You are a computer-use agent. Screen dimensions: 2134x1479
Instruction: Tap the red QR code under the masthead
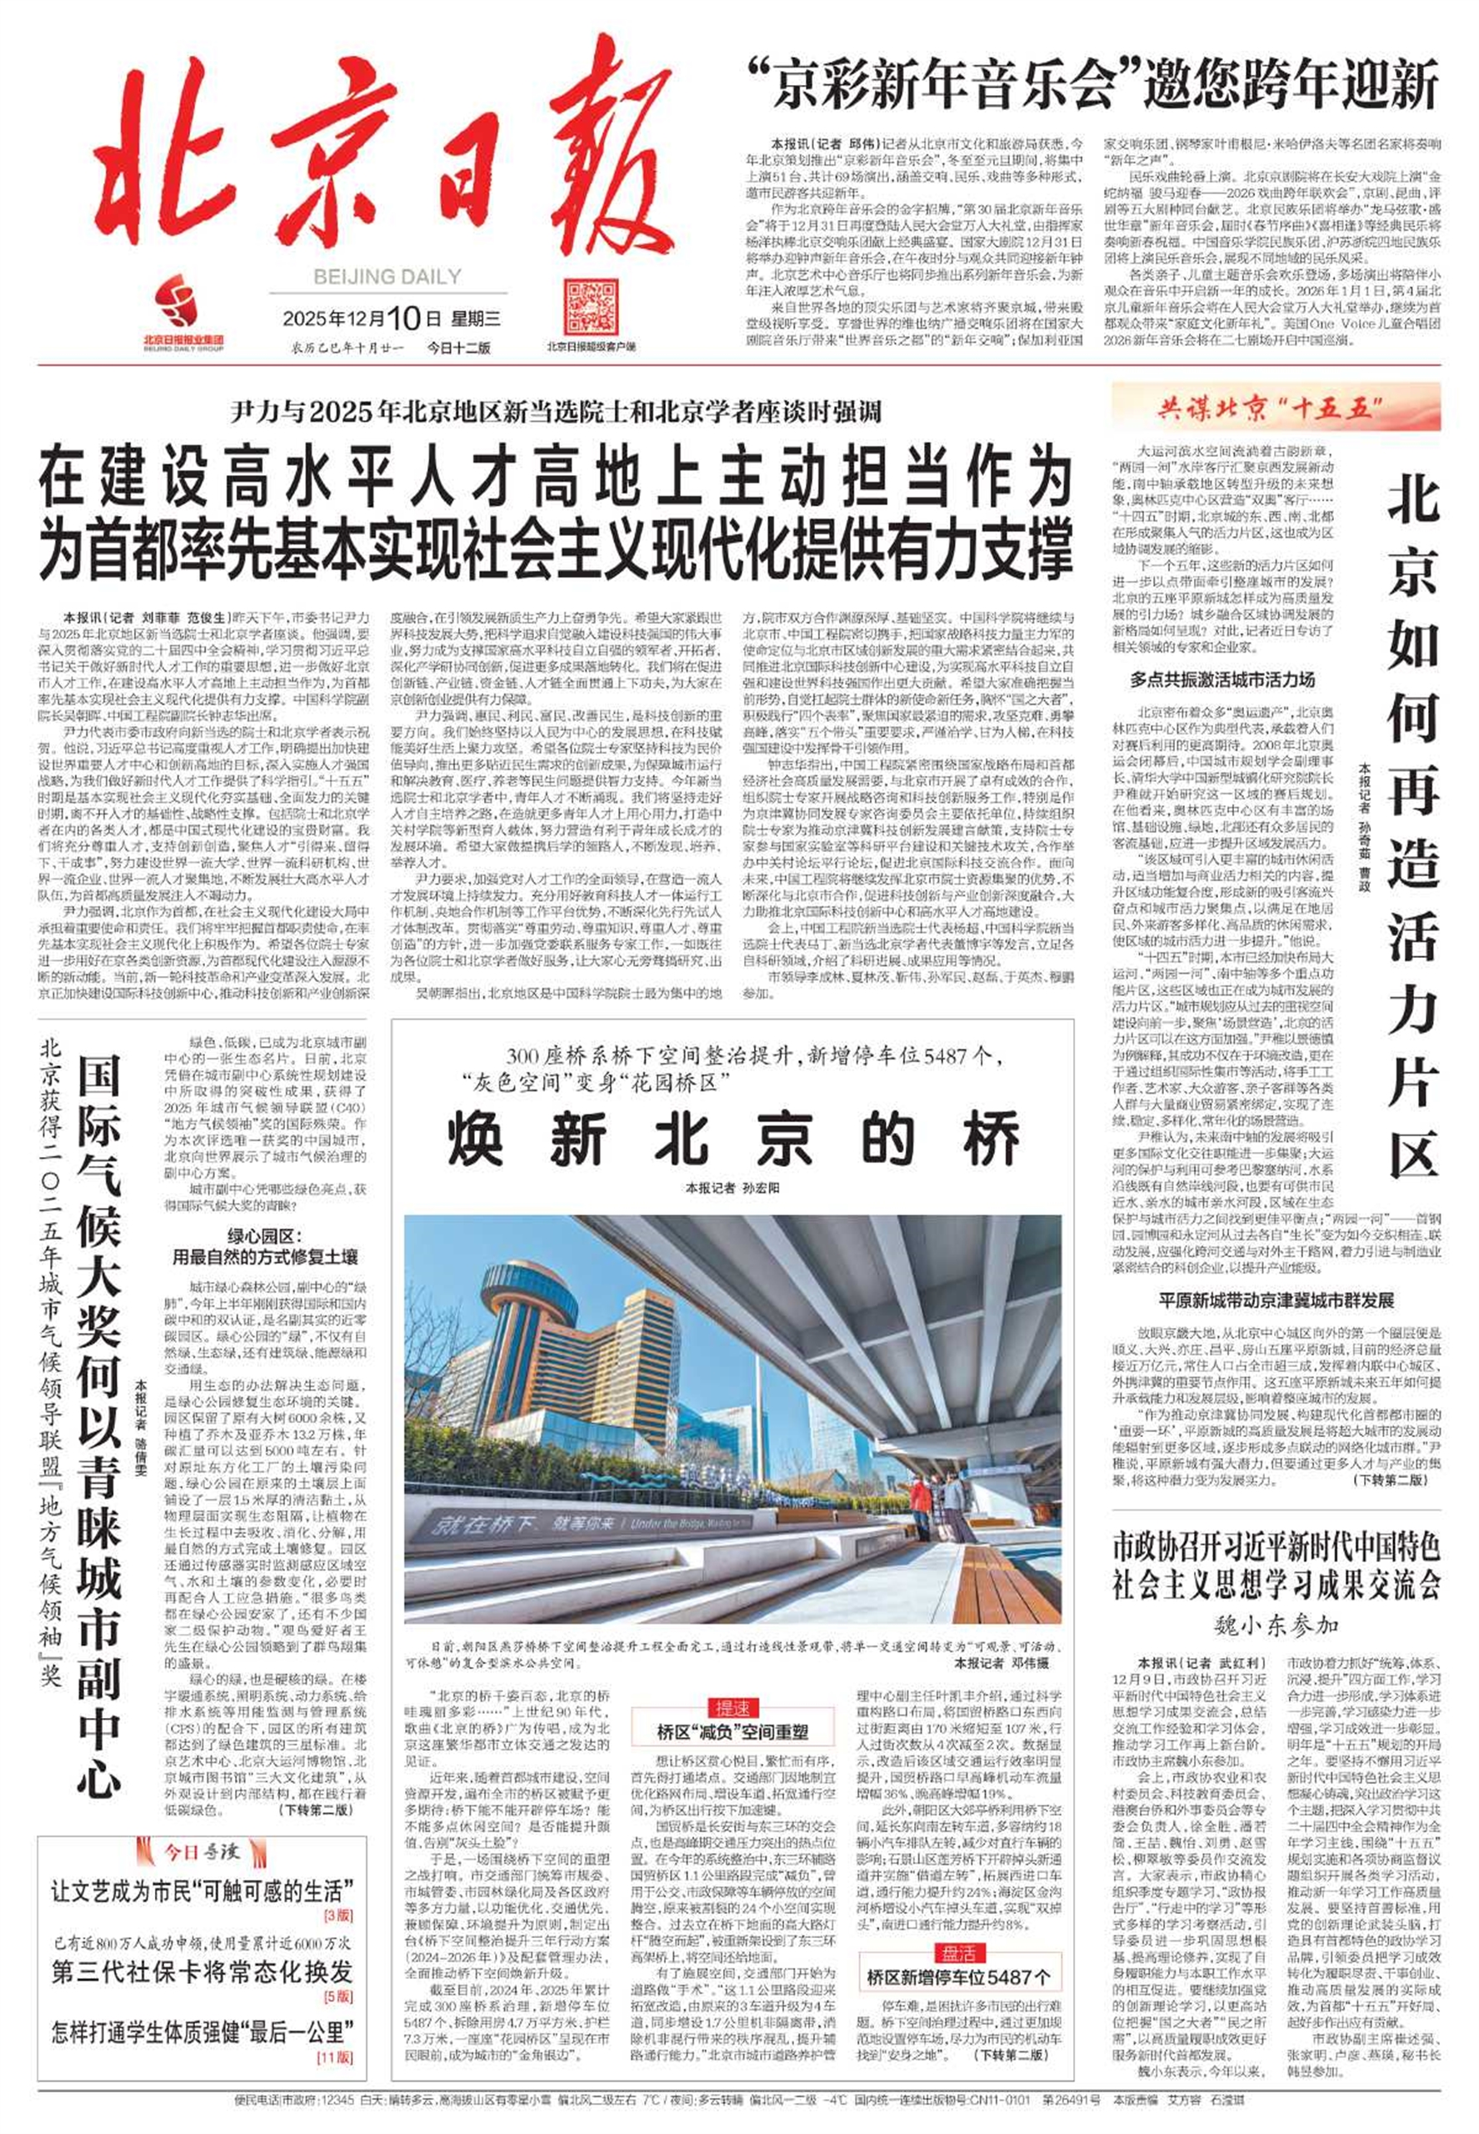point(589,306)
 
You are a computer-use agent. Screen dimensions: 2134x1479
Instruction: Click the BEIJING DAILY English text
point(387,276)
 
